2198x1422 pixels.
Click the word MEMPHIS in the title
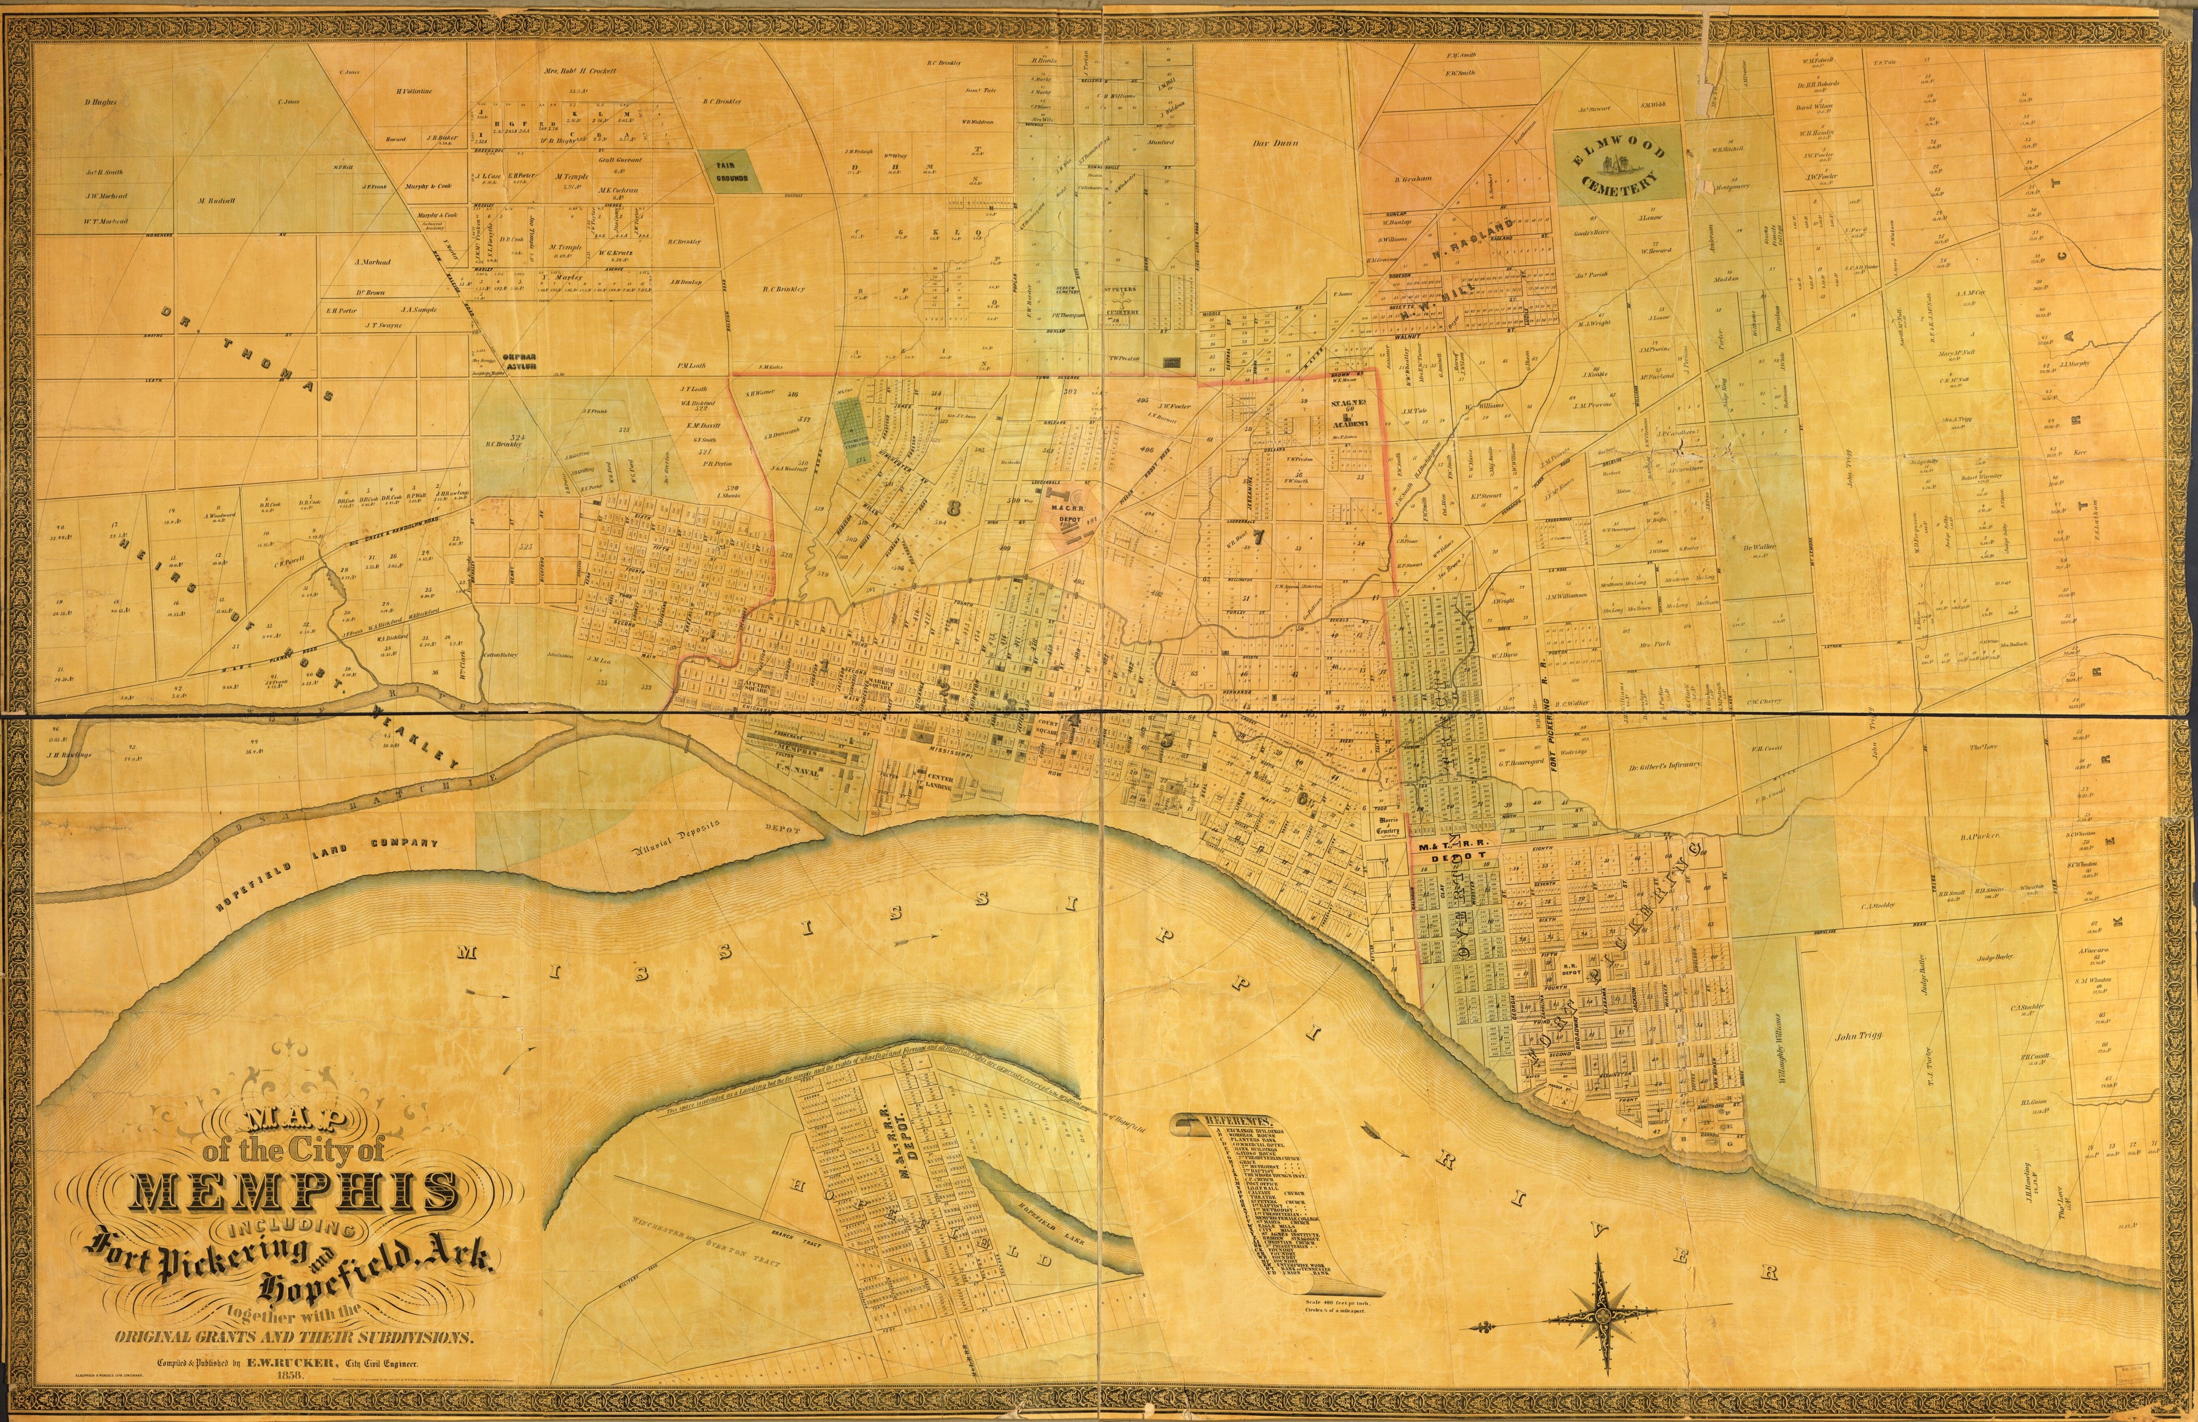pyautogui.click(x=295, y=1194)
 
